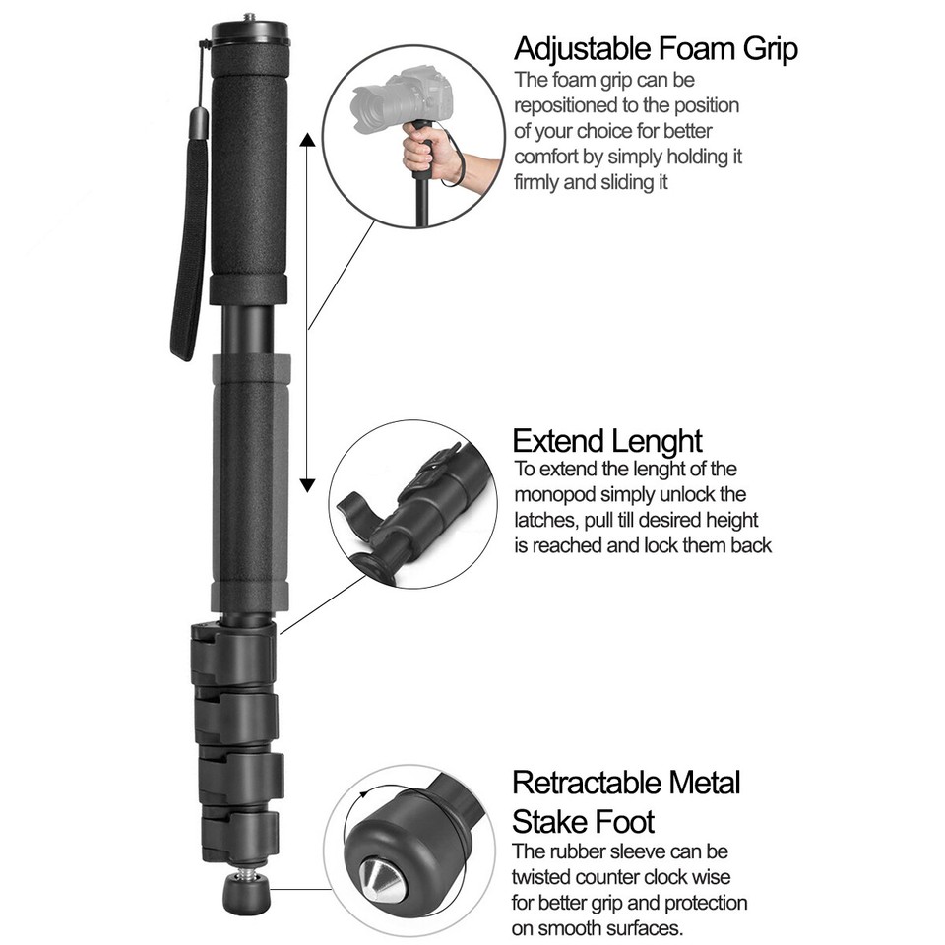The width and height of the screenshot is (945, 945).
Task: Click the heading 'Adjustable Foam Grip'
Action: pos(656,48)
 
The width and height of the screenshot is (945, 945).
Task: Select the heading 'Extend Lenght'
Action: pos(607,440)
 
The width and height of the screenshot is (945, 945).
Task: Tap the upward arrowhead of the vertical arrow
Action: pos(308,140)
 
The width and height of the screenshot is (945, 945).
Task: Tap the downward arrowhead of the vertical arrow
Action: pos(308,483)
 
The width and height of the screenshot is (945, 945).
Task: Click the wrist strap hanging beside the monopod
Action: pos(190,246)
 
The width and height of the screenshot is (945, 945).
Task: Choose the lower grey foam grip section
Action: pos(248,482)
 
